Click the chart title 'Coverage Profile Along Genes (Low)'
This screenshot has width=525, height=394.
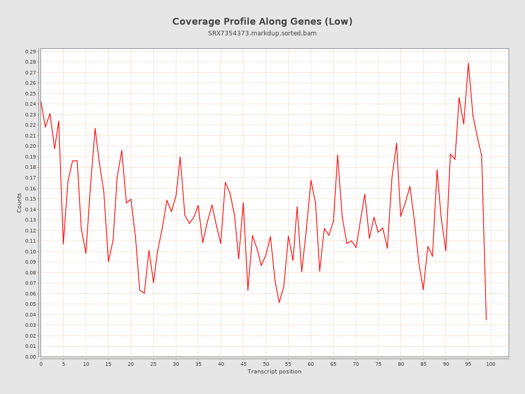point(262,22)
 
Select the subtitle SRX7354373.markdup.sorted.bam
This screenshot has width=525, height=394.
point(262,33)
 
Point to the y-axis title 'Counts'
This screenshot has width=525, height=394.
point(19,203)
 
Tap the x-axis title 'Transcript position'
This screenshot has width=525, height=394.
point(274,371)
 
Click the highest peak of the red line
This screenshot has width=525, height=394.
point(468,63)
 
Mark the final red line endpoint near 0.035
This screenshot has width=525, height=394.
point(486,320)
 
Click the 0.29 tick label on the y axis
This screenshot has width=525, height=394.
point(30,51)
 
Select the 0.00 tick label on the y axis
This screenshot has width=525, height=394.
point(30,357)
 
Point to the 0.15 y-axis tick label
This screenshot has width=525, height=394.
point(30,199)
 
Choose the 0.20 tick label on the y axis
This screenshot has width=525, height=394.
point(30,146)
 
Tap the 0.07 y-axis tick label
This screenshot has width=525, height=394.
point(30,283)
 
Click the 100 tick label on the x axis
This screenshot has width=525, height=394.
point(491,364)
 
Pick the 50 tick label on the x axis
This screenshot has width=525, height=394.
point(266,364)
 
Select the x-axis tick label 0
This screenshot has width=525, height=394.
point(41,364)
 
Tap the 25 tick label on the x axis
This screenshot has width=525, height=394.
point(153,364)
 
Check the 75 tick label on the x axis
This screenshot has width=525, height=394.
point(378,364)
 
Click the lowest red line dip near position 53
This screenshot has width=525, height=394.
point(279,302)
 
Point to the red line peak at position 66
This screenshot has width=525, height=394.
point(337,155)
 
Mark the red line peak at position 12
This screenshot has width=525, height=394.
point(95,128)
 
